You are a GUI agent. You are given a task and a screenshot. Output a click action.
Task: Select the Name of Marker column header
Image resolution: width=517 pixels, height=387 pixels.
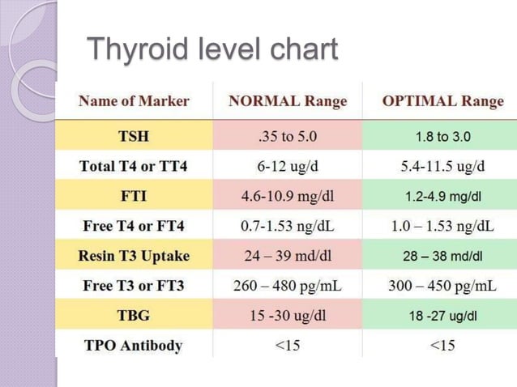(x=134, y=101)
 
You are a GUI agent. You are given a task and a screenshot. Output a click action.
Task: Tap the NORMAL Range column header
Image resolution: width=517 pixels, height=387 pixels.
(x=288, y=101)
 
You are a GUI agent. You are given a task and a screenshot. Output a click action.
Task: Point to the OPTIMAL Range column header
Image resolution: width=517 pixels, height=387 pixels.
(x=442, y=101)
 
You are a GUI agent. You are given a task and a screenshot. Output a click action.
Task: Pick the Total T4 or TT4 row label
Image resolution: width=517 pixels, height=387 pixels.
(x=134, y=166)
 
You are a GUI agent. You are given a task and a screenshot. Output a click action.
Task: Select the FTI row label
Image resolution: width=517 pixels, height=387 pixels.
(x=134, y=196)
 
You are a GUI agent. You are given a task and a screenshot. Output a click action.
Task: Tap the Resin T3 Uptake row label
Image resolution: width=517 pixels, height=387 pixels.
(x=134, y=256)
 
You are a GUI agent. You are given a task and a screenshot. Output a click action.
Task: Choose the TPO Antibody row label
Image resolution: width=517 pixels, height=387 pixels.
(x=134, y=346)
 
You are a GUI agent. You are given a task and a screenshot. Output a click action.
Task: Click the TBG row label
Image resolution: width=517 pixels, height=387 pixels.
(x=134, y=316)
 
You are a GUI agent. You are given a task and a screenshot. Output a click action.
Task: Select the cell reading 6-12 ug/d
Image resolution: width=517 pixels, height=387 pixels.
(x=288, y=166)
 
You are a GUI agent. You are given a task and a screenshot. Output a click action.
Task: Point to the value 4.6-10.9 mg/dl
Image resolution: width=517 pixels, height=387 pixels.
(x=288, y=196)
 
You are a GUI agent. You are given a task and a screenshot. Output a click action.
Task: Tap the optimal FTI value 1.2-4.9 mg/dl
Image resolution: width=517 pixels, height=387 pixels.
(x=442, y=197)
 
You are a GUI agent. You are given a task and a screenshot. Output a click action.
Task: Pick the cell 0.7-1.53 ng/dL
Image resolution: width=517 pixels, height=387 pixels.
(x=288, y=226)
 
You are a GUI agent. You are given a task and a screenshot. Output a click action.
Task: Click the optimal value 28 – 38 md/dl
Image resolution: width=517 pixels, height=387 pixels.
(x=442, y=257)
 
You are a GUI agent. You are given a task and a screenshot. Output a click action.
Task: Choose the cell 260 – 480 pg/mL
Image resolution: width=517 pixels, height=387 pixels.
(x=288, y=286)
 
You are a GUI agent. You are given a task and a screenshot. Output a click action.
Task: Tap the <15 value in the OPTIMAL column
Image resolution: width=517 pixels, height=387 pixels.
(x=442, y=346)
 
